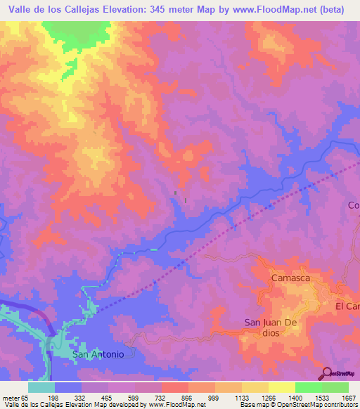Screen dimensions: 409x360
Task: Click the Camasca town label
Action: coord(291,278)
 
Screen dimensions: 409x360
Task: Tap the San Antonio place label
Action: coord(98,354)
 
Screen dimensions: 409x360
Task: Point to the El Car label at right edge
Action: coord(347,307)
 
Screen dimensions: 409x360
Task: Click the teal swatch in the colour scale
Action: coord(41,387)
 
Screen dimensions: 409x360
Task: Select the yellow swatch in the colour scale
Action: coord(281,387)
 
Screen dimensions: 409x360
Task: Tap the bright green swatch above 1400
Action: coord(308,387)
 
